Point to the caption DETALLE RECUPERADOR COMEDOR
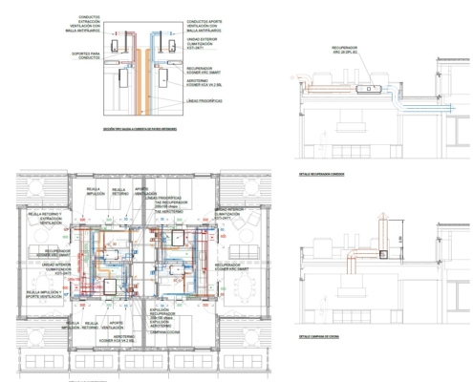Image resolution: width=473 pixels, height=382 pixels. click(312, 176)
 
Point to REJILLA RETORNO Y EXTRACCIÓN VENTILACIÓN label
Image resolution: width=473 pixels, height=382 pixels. click(42, 220)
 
